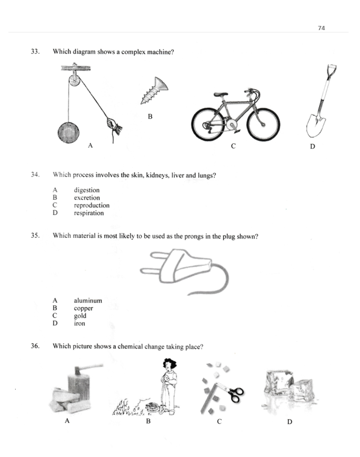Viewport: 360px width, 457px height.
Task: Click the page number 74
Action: tap(322, 28)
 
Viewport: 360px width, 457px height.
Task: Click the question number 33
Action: tap(35, 52)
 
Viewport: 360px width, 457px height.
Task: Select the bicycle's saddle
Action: tap(221, 95)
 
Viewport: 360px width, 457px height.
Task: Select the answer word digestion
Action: tap(87, 190)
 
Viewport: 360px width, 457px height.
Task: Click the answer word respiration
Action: tap(88, 213)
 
